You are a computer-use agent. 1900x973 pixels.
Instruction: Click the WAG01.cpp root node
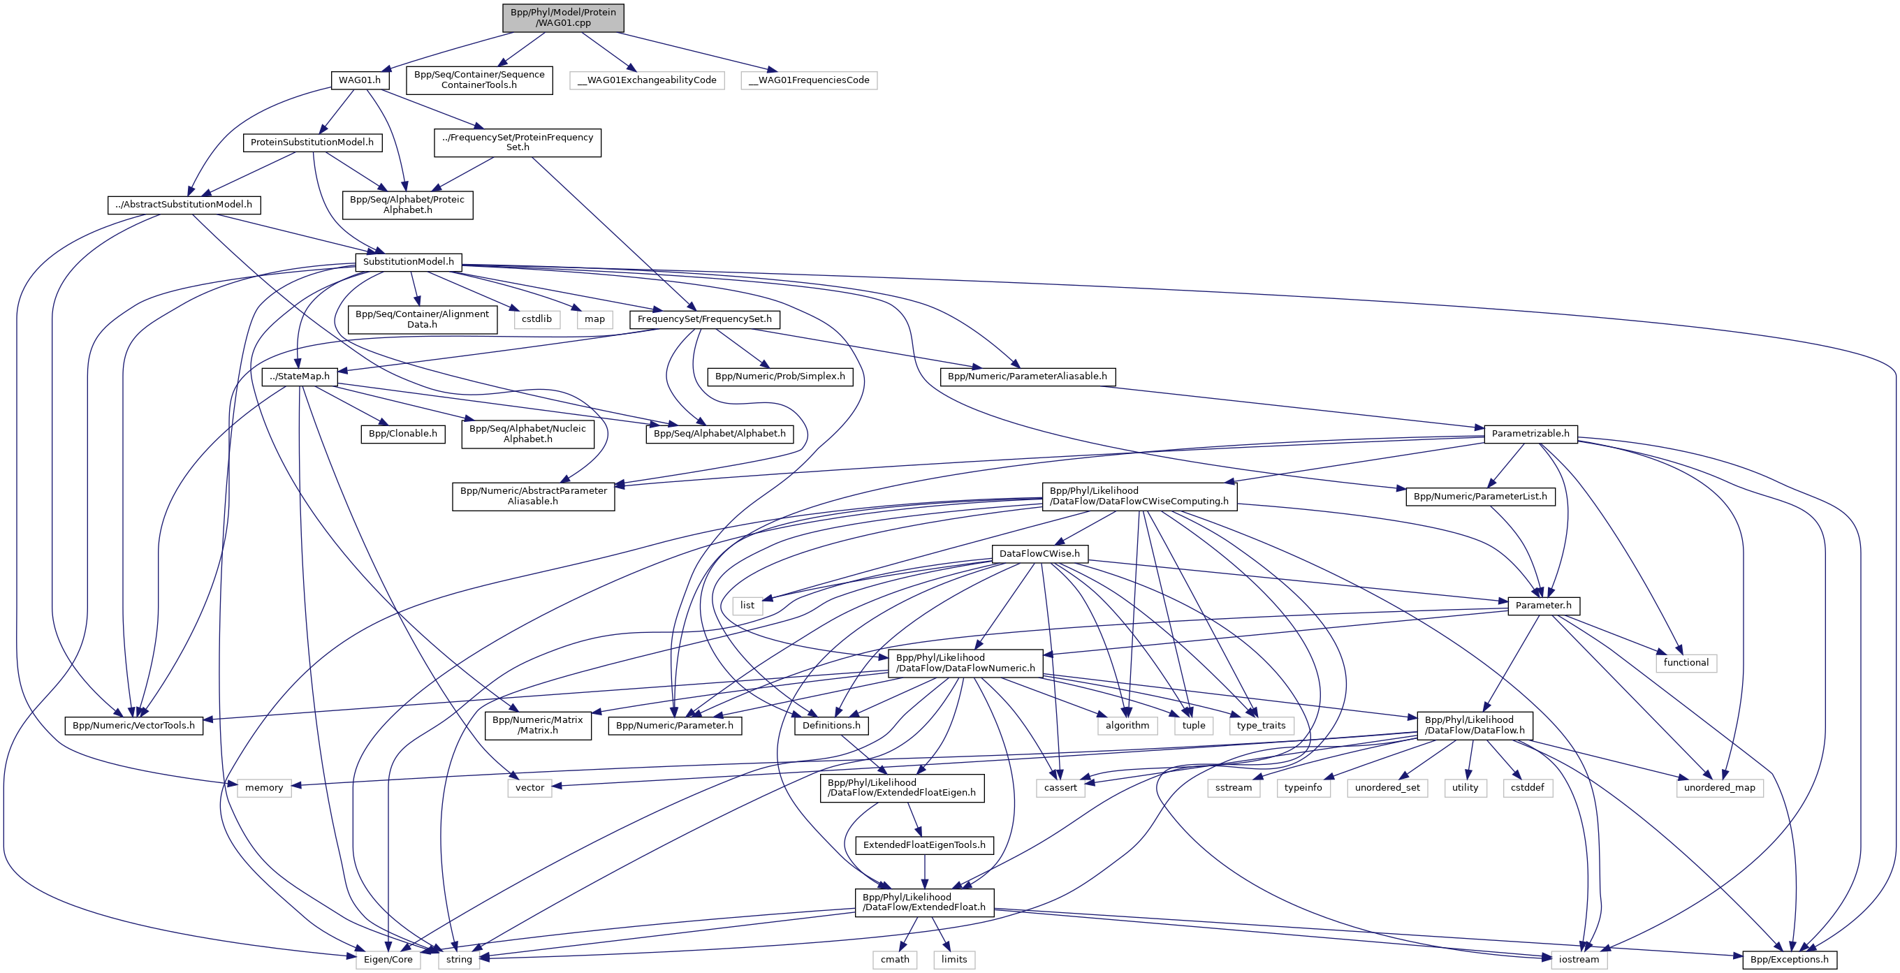tap(563, 17)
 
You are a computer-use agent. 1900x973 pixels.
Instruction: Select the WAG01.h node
tap(360, 80)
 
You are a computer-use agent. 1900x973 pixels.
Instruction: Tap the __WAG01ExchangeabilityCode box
tap(647, 80)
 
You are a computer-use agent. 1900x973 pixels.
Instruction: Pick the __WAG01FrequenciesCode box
tap(808, 80)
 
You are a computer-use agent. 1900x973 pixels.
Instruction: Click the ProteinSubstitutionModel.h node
tap(312, 142)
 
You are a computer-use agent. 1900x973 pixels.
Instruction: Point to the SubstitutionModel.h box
tap(409, 262)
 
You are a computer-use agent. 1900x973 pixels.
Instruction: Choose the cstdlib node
tap(536, 319)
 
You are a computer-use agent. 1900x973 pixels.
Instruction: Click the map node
tap(594, 319)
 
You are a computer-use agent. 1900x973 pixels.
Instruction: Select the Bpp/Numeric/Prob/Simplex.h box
tap(780, 376)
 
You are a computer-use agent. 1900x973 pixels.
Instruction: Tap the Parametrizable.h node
tap(1530, 434)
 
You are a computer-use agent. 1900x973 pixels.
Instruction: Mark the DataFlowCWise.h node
tap(1039, 553)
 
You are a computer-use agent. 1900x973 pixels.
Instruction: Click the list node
tap(747, 606)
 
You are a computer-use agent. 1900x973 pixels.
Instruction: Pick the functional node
tap(1686, 662)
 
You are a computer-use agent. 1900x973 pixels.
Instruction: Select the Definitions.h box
tap(831, 725)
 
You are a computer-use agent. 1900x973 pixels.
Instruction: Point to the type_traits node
tap(1261, 725)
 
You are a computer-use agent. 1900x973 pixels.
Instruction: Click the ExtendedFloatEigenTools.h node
tap(924, 844)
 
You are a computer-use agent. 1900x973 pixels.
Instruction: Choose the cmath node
tap(895, 959)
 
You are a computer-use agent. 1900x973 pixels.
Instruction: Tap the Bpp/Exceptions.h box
tap(1790, 959)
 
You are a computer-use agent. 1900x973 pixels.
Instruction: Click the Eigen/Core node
tap(388, 959)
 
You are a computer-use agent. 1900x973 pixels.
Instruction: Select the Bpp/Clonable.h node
tap(403, 434)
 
